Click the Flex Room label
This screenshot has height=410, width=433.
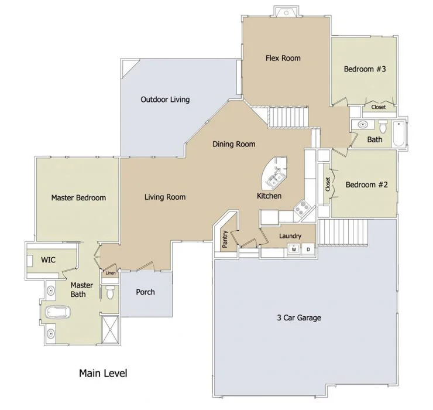click(x=283, y=58)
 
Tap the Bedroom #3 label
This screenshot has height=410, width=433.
click(x=365, y=69)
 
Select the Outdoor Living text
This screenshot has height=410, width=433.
click(x=165, y=100)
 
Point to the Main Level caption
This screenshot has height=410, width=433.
click(x=103, y=373)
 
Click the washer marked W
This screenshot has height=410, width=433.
click(x=294, y=250)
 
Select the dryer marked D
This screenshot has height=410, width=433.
click(x=308, y=250)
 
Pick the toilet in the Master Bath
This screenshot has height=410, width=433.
click(x=110, y=292)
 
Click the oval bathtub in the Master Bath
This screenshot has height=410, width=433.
click(x=58, y=312)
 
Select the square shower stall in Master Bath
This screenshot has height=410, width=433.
click(x=110, y=329)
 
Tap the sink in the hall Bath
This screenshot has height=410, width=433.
click(x=363, y=125)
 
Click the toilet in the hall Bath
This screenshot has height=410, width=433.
click(x=383, y=127)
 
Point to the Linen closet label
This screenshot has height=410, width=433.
click(x=111, y=273)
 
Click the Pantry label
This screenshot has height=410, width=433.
click(x=225, y=239)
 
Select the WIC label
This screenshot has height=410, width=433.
click(x=48, y=260)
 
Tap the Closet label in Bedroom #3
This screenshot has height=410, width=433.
click(x=379, y=107)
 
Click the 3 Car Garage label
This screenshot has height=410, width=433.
click(x=299, y=317)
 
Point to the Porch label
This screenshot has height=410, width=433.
click(x=145, y=292)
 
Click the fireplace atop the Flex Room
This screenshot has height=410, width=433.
click(x=286, y=12)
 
